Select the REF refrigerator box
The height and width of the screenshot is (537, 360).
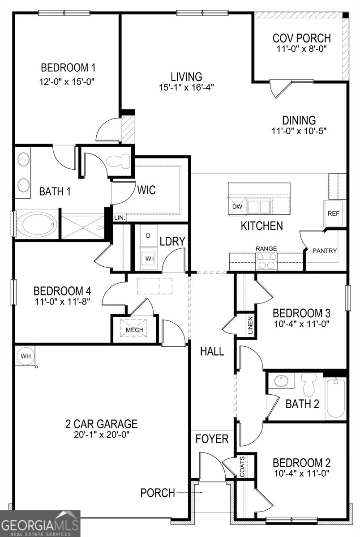(x=333, y=213)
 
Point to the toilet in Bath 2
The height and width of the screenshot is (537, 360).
(x=309, y=384)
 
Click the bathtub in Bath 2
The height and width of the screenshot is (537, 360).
(x=335, y=398)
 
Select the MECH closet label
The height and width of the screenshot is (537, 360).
(x=134, y=330)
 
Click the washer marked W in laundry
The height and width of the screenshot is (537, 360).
(x=148, y=258)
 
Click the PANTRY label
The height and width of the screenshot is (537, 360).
(x=325, y=251)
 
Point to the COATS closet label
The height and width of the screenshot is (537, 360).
(x=242, y=466)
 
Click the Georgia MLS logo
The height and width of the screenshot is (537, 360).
(x=40, y=524)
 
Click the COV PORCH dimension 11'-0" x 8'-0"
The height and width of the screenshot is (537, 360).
(x=301, y=48)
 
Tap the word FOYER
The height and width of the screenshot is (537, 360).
(x=212, y=439)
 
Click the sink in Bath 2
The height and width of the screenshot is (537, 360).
(x=281, y=381)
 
